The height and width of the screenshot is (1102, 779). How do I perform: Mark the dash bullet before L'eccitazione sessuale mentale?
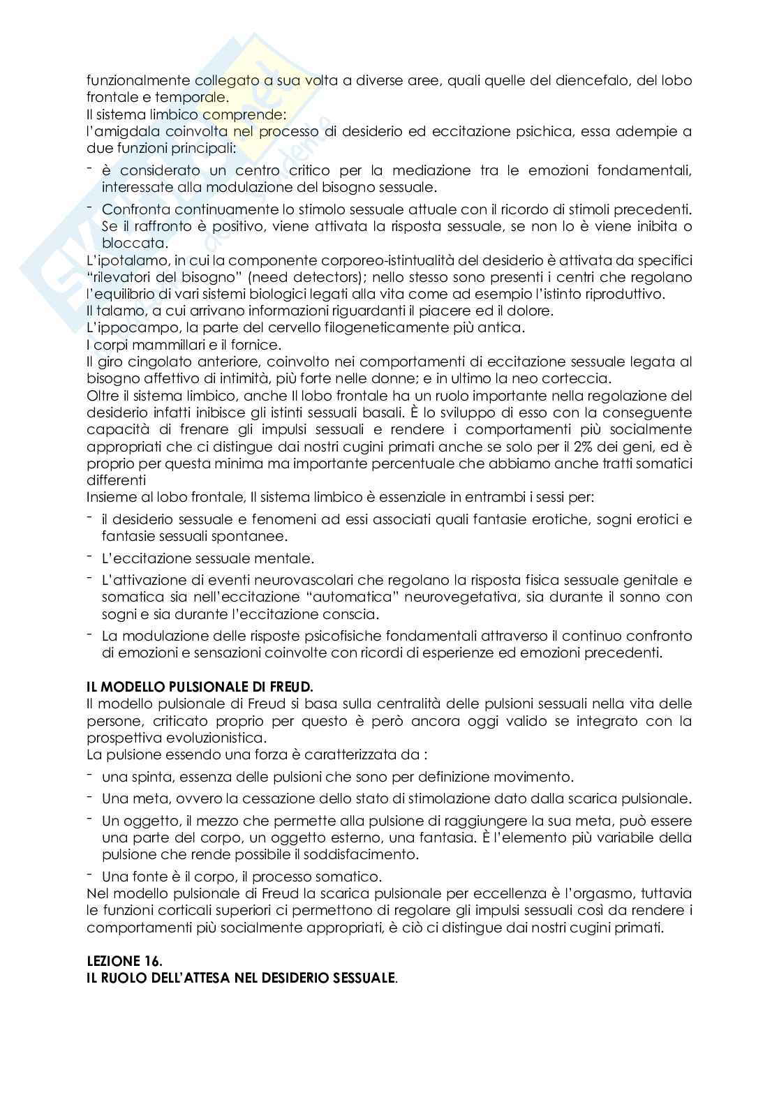pyautogui.click(x=90, y=557)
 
